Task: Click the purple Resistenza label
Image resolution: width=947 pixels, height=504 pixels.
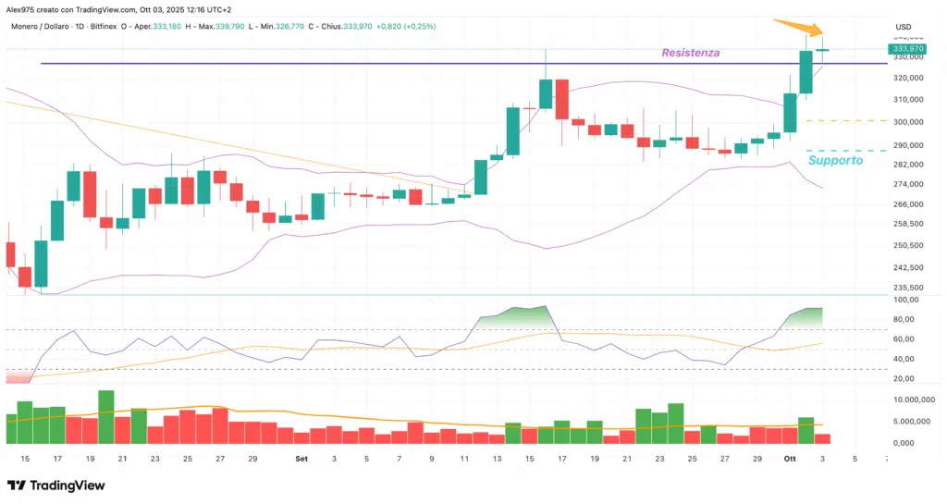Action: point(691,53)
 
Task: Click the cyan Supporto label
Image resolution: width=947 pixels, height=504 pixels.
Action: point(835,160)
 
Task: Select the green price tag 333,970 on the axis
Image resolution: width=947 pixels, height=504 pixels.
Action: point(906,48)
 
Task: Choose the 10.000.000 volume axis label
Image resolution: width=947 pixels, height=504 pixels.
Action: point(914,400)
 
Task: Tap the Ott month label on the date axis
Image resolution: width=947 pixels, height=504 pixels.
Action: point(789,459)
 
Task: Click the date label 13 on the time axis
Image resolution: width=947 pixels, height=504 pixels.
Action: point(497,459)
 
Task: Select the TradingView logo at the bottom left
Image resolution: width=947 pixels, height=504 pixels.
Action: point(57,486)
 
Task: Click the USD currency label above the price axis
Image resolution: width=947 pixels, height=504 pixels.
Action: point(903,26)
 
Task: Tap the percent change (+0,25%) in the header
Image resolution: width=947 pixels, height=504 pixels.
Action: point(419,26)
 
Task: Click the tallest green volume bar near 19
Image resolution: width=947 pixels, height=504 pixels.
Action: point(106,418)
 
